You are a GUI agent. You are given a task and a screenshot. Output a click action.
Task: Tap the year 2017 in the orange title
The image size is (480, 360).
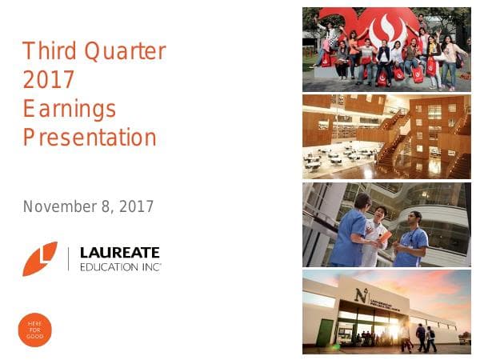(49, 80)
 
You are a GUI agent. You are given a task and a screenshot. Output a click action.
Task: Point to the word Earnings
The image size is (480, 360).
(70, 109)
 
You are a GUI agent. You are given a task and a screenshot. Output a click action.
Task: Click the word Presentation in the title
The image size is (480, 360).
(90, 138)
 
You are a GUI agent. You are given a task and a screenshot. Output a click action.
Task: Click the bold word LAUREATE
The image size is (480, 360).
(119, 252)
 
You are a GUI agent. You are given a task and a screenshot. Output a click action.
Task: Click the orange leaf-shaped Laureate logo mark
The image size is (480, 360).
(40, 258)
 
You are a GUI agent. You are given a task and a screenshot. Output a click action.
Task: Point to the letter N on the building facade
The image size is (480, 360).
(362, 295)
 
